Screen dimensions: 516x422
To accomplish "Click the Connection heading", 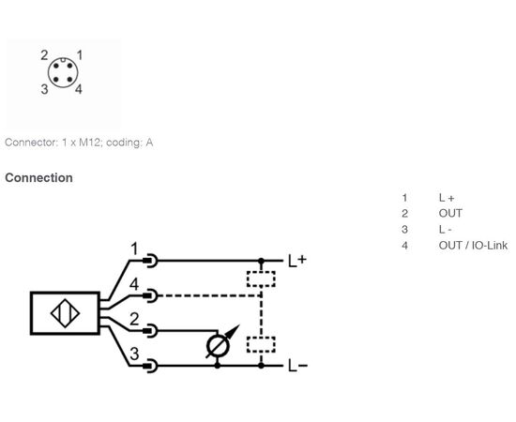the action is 38,177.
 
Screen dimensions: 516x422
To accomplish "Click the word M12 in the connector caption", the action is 88,143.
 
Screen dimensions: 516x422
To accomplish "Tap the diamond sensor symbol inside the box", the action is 65,313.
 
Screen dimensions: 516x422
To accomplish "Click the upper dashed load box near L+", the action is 261,279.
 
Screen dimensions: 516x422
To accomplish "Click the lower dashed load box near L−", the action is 261,344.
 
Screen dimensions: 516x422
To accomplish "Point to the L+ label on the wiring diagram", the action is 297,261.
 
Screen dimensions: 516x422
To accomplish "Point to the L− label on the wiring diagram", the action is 297,366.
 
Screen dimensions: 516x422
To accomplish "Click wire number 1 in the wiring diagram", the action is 134,249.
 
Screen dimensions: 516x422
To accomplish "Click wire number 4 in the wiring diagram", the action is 134,284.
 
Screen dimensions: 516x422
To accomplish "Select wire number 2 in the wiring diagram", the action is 134,319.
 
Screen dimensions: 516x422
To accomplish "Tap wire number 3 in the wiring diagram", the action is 134,354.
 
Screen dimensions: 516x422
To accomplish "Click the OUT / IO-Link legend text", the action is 473,246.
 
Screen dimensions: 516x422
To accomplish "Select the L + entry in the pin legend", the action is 447,198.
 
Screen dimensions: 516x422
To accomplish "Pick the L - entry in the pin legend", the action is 445,229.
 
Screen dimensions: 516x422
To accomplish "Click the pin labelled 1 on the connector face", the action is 69,66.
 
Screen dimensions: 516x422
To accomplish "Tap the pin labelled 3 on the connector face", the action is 56,80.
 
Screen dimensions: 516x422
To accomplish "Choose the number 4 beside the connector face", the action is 78,89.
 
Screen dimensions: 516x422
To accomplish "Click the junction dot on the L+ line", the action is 261,261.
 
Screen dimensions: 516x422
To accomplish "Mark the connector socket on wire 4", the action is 150,295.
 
